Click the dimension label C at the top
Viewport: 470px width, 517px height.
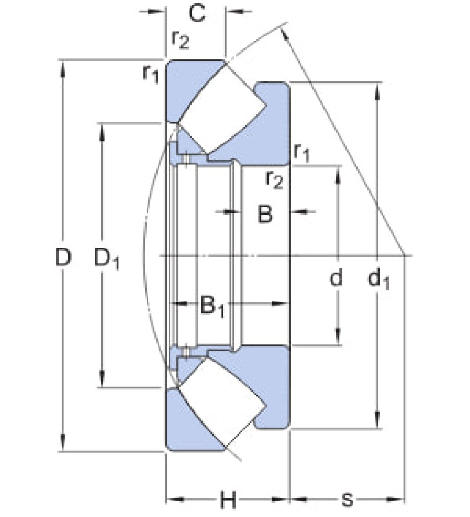tap(198, 14)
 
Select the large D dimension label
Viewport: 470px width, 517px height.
tap(63, 257)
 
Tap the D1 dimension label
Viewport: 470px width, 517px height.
tap(107, 259)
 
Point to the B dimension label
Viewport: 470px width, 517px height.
tap(265, 214)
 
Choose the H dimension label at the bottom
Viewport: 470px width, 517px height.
tap(229, 500)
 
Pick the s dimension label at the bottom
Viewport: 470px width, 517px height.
tap(348, 500)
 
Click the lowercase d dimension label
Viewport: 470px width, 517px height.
tap(336, 277)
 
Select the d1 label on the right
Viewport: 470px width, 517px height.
tap(379, 279)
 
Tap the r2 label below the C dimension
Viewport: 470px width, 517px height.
tap(180, 40)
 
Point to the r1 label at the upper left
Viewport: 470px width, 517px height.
tap(150, 73)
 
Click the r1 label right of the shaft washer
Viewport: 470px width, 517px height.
tap(301, 152)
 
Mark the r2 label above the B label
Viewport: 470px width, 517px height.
tap(274, 180)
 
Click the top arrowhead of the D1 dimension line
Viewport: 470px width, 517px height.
tap(102, 132)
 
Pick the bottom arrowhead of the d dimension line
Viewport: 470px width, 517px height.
tap(338, 337)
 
